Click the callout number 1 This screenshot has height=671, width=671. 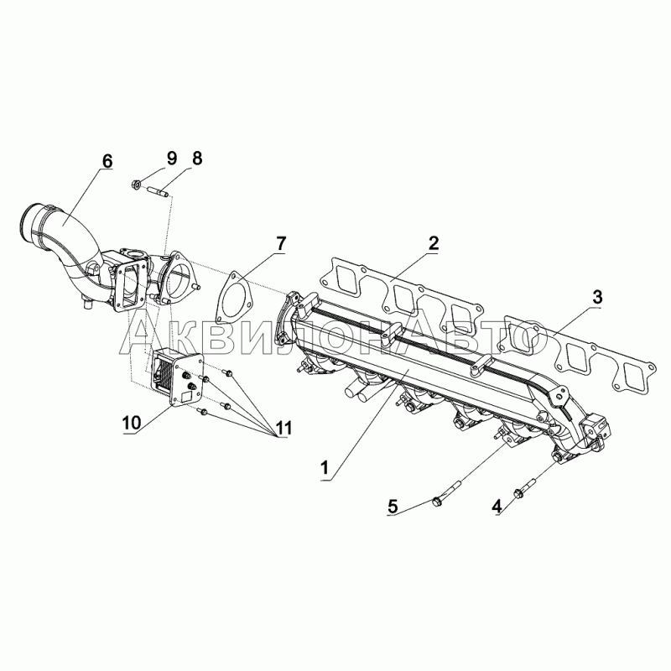point(325,468)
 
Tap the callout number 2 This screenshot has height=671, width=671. point(433,243)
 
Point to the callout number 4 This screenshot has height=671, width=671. point(497,507)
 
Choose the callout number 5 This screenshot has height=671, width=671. point(393,507)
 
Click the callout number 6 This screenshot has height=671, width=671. point(107,161)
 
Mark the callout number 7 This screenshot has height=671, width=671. point(279,243)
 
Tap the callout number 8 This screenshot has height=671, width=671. point(196,158)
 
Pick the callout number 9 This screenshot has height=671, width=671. point(171,158)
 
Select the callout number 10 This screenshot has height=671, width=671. point(132,423)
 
